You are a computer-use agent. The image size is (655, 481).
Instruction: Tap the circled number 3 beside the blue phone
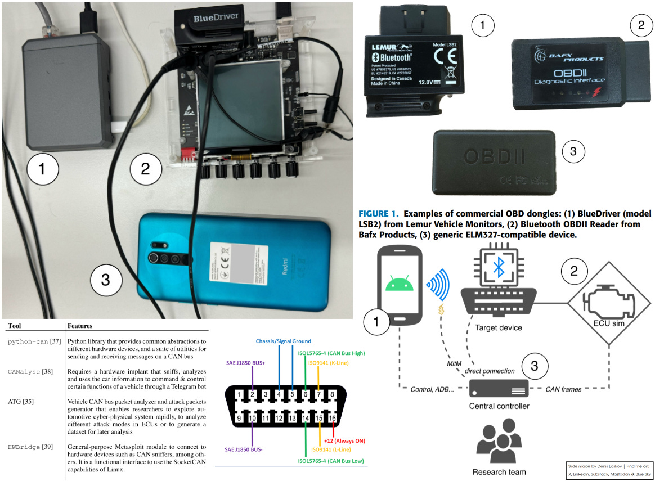click(x=105, y=278)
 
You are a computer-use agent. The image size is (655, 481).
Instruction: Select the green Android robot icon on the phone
click(x=399, y=280)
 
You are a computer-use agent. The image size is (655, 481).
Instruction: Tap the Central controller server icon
click(x=499, y=388)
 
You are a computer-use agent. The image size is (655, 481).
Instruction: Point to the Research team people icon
click(x=499, y=444)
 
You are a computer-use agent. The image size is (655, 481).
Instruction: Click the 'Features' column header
click(x=79, y=326)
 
